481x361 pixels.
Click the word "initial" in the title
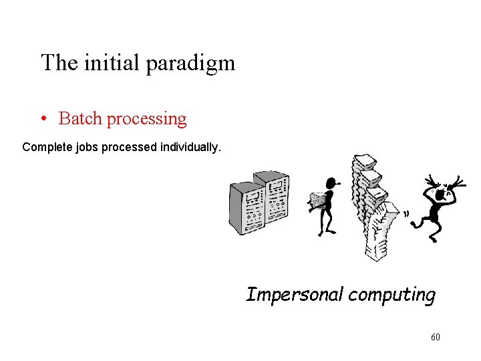click(x=111, y=63)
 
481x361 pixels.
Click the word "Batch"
click(x=80, y=119)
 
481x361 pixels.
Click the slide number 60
click(x=436, y=337)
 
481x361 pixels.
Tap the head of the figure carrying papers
click(x=330, y=183)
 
